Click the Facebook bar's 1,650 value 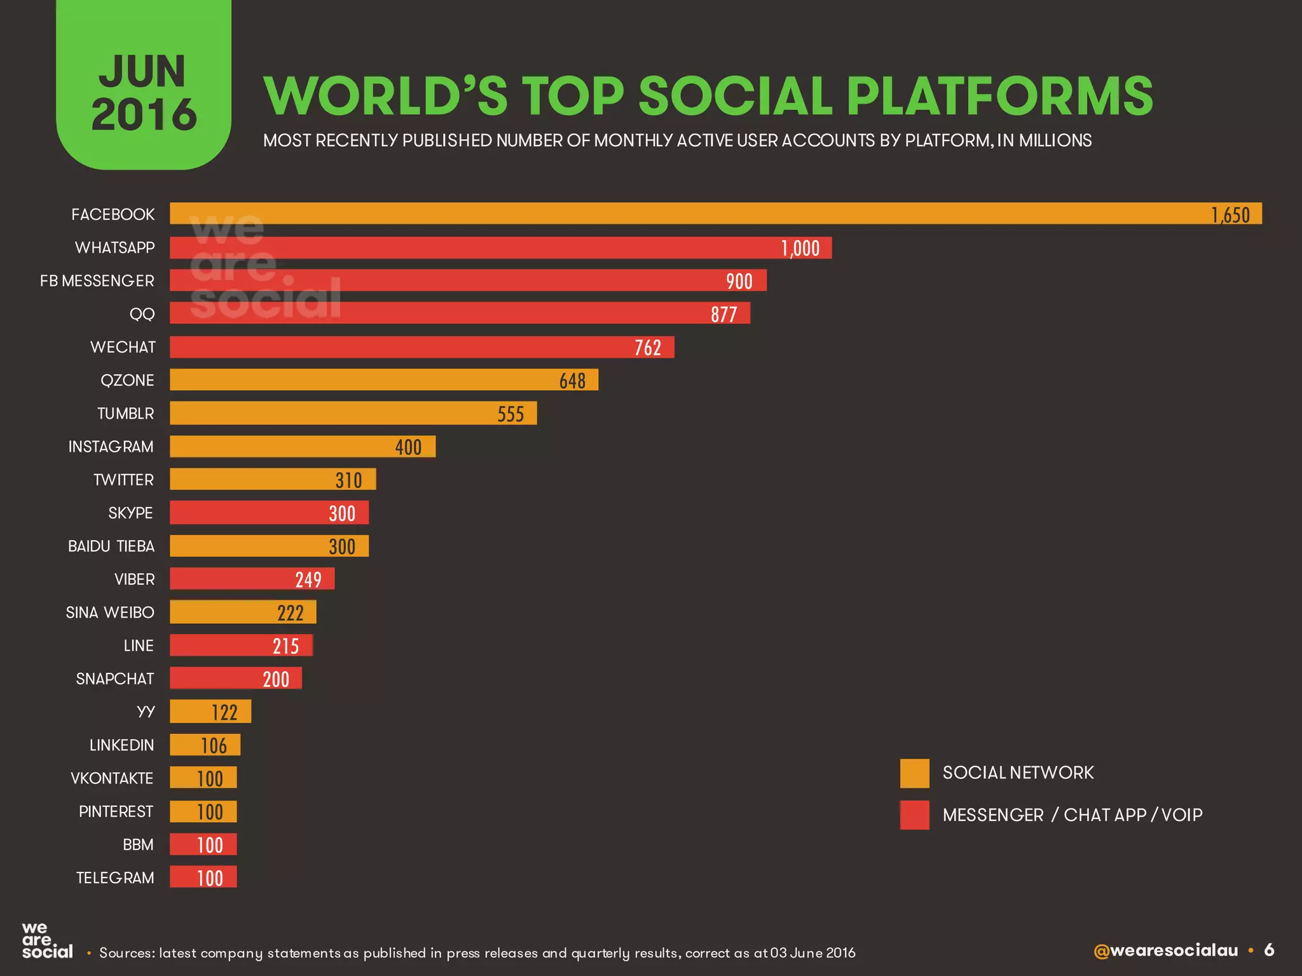1230,215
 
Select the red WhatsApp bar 500,248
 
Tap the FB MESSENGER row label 97,281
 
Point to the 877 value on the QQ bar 723,314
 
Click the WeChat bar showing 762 421,347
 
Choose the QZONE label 127,380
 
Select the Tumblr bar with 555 353,413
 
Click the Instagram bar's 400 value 408,447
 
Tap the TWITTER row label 123,480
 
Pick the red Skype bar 269,513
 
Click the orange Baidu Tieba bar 269,546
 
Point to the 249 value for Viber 308,579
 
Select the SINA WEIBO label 110,613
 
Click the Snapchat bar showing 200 235,679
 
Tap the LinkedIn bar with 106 205,745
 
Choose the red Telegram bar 203,878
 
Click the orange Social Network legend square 914,773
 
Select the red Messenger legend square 914,815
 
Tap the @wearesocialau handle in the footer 1165,951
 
